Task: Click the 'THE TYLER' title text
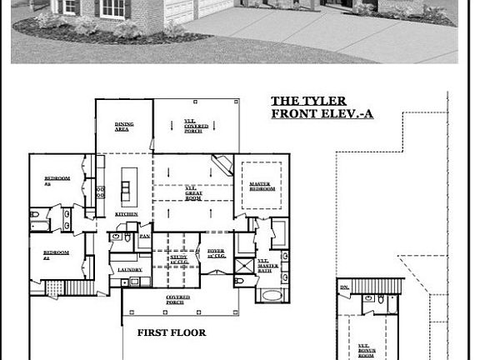[x=308, y=102]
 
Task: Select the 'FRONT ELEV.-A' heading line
[x=322, y=114]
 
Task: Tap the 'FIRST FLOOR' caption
[x=171, y=332]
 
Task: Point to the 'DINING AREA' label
[x=123, y=127]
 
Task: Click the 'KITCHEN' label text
[x=127, y=214]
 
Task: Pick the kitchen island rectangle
[x=128, y=186]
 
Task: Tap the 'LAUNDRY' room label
[x=129, y=269]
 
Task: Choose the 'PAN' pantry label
[x=144, y=237]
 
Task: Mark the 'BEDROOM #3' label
[x=57, y=180]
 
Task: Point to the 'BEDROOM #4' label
[x=57, y=254]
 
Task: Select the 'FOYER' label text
[x=216, y=252]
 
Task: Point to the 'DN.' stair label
[x=345, y=287]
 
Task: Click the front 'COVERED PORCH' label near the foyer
[x=177, y=298]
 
